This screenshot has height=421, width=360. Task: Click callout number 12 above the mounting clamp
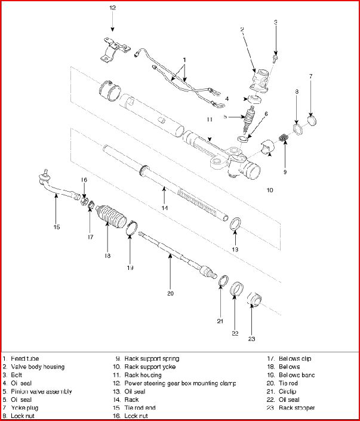(112, 8)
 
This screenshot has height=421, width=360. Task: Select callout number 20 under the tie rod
(170, 293)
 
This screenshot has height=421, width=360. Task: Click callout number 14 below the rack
(164, 207)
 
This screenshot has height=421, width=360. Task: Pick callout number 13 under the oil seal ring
(235, 248)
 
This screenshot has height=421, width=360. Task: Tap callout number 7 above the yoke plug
(310, 76)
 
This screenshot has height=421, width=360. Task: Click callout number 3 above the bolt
(276, 23)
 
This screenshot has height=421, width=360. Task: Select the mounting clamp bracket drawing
(113, 49)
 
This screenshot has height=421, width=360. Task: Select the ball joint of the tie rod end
(44, 176)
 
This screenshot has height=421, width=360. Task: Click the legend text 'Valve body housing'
(37, 367)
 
